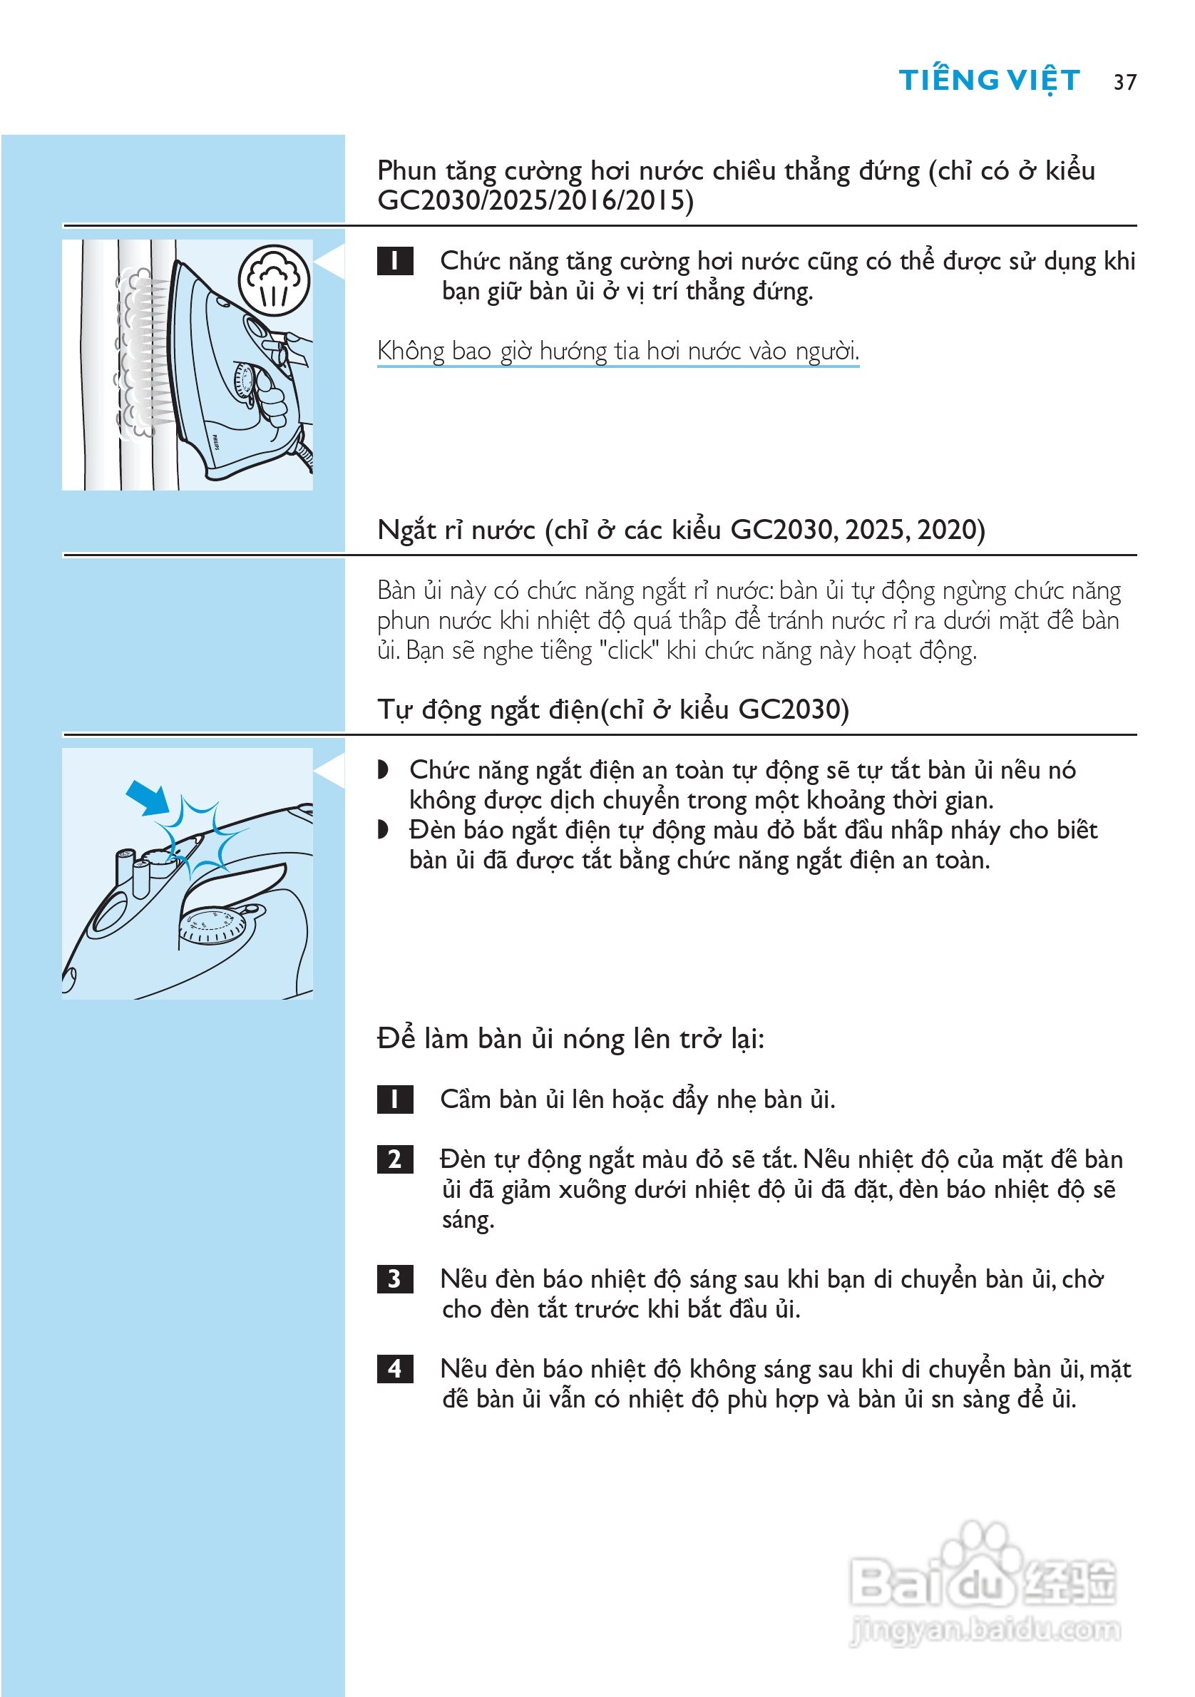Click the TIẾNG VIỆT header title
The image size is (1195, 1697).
click(x=989, y=80)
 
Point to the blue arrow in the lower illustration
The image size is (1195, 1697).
click(x=147, y=797)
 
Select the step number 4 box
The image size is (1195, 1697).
click(x=394, y=1369)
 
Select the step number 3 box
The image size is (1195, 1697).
click(x=394, y=1278)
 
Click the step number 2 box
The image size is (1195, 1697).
click(x=394, y=1159)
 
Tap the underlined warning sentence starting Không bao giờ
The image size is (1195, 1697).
click(x=618, y=350)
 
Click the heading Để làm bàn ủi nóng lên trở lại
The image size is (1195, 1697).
click(x=570, y=1038)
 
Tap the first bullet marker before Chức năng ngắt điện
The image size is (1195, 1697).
click(x=383, y=770)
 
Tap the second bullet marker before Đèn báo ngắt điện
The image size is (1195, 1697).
click(x=383, y=830)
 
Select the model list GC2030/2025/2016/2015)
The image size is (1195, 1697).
click(x=535, y=200)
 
